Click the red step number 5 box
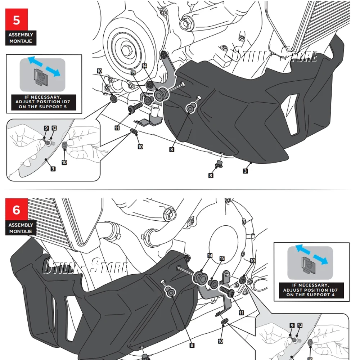[x=17, y=20]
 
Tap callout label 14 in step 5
[x=144, y=66]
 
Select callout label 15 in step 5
[x=133, y=73]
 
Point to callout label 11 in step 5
[x=117, y=127]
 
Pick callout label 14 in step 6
[x=210, y=256]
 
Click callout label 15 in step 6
[x=222, y=258]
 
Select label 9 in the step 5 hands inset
[x=46, y=128]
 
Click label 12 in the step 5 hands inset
[x=54, y=128]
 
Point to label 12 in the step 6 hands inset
[x=300, y=325]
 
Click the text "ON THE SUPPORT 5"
[x=43, y=107]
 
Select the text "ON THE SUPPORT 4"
[x=311, y=295]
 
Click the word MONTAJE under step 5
[x=21, y=41]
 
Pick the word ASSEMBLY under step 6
[x=21, y=225]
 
